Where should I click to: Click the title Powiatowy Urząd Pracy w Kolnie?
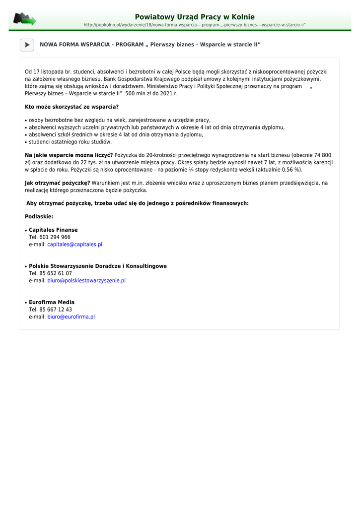pos(195,17)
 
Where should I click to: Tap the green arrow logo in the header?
pos(24,19)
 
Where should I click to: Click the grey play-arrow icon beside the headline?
pos(27,45)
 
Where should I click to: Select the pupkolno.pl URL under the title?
pos(195,25)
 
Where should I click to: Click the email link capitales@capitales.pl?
pos(74,245)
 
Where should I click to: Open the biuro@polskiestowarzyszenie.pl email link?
pos(86,281)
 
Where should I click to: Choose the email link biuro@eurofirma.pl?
pos(71,317)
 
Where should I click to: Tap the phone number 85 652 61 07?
pos(55,273)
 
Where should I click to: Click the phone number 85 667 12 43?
pos(55,310)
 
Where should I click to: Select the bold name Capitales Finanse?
pos(53,230)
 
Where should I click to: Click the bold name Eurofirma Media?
pos(52,302)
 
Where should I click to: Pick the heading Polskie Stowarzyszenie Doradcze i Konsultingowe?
pos(98,266)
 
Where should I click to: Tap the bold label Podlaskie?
pos(39,217)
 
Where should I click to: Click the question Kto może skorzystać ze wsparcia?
pos(72,107)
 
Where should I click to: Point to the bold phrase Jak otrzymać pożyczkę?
pos(58,183)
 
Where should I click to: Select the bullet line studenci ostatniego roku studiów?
pos(70,142)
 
